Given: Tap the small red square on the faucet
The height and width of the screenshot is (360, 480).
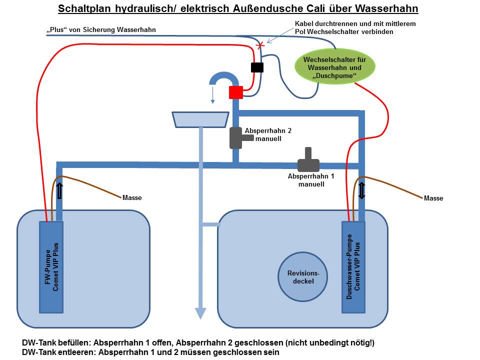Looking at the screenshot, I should click(235, 92).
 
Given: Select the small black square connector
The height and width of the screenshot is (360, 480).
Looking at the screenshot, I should click(257, 67).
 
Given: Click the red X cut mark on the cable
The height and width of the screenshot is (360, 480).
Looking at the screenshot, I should click(260, 45).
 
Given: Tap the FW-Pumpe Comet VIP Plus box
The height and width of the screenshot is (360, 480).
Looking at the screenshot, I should click(51, 266).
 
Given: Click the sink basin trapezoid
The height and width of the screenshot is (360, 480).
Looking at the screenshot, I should click(200, 119).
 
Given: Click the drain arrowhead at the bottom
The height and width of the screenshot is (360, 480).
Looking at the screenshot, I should click(200, 313).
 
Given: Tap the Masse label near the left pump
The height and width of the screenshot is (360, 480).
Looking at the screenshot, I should click(132, 197).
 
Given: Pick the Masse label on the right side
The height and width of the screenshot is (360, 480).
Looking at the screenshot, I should click(433, 198).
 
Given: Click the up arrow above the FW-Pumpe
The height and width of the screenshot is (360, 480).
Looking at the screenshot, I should click(59, 191).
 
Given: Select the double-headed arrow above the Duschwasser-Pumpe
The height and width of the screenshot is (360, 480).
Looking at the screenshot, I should click(362, 191).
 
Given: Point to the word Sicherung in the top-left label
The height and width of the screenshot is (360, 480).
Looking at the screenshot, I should click(101, 30).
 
